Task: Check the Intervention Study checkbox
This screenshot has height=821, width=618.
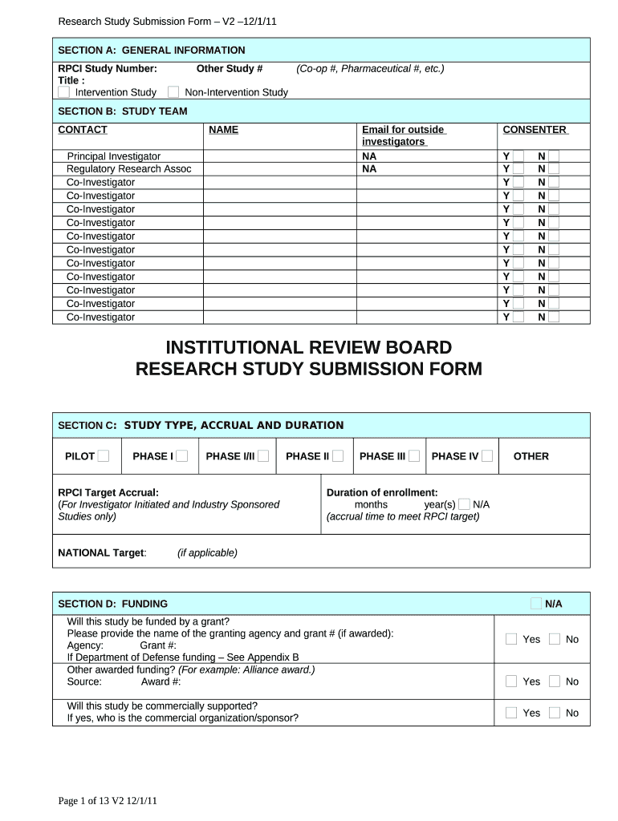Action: tap(64, 92)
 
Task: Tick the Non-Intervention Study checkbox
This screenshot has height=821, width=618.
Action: tap(173, 92)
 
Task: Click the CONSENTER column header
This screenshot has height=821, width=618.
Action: tap(535, 129)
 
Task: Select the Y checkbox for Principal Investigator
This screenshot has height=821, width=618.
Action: tap(518, 156)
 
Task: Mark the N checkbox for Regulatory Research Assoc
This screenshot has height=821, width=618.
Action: tap(554, 169)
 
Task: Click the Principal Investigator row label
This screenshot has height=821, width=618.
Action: tap(113, 156)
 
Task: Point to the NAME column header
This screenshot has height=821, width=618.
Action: tap(223, 129)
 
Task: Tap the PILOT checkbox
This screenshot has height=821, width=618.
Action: tap(104, 456)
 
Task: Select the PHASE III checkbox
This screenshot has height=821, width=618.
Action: tap(413, 456)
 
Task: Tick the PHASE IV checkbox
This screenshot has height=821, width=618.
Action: tap(486, 456)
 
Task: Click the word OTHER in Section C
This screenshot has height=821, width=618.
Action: tap(531, 456)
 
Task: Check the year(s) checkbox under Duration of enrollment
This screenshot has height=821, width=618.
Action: tap(464, 504)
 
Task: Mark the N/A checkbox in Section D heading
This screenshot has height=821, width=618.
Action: tap(535, 603)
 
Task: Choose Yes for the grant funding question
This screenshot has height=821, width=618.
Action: tap(511, 639)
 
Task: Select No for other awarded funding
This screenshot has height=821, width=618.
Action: tap(555, 681)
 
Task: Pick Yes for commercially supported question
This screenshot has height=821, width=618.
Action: tap(511, 713)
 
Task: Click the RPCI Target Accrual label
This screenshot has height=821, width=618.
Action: tap(108, 492)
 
